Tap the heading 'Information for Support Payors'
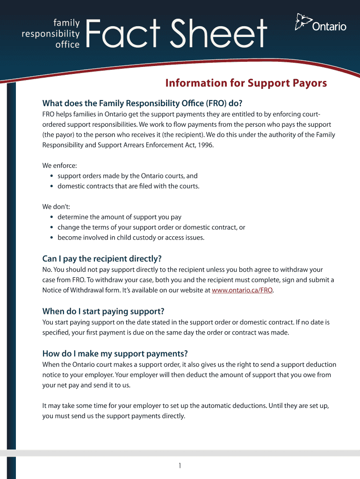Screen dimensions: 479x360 tap(246, 83)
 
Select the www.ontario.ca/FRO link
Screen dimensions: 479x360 tap(242, 290)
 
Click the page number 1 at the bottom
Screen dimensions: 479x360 tap(180, 465)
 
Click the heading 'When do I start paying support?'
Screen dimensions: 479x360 tap(103, 311)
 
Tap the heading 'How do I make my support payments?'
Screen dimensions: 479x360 tap(115, 353)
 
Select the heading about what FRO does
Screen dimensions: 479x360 tap(143, 103)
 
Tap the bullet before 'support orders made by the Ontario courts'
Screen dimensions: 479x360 tap(51, 176)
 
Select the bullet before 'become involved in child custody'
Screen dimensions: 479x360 tap(51, 238)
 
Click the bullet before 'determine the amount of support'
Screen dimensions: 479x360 tap(51, 217)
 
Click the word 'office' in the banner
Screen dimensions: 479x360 tap(68, 45)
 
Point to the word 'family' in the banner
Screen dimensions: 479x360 tap(66, 22)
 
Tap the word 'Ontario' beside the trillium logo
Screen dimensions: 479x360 tap(329, 27)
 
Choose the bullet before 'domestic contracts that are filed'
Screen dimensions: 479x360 tap(51, 186)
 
